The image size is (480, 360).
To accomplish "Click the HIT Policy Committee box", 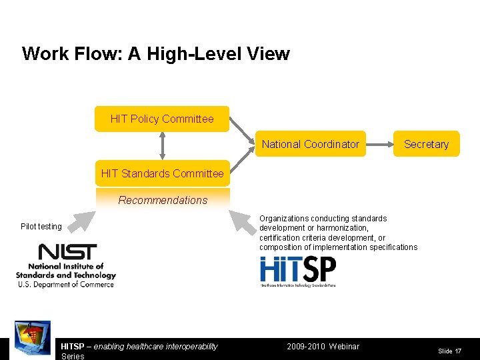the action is [162, 119].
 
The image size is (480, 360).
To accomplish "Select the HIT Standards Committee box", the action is [162, 173].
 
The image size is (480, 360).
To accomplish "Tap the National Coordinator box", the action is [310, 144].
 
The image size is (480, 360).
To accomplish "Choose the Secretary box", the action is [426, 144].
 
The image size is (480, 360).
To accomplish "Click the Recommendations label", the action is [163, 200].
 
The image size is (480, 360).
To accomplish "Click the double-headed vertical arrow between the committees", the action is [162, 146].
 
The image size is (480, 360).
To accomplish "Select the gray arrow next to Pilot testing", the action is [83, 221].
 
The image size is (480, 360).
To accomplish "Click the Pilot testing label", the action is [41, 227].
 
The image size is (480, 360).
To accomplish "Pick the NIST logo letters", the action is [67, 252].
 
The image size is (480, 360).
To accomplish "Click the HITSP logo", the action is [297, 271].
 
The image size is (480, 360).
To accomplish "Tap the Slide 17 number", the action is [449, 351].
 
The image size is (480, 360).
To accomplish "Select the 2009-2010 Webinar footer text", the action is [323, 346].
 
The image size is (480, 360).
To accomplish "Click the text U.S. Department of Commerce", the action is [65, 285].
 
